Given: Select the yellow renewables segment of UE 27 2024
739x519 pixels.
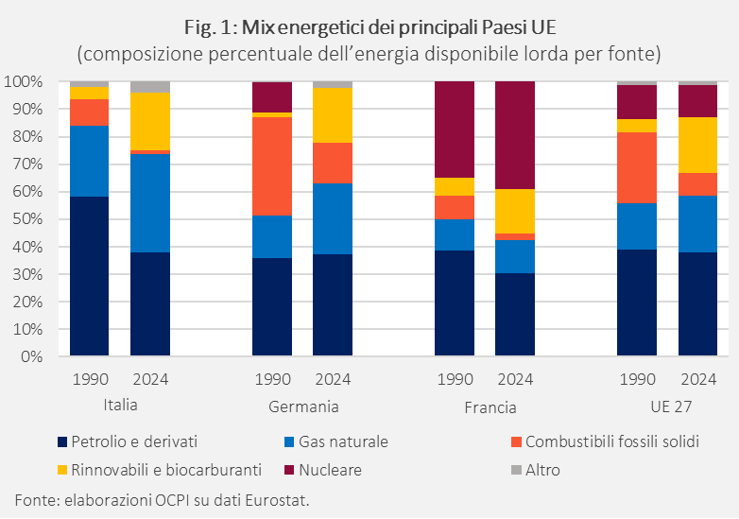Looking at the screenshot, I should (x=697, y=145).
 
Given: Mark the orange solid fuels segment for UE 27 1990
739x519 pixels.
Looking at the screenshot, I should (x=636, y=167).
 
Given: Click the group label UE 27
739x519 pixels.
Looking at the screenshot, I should (x=667, y=407).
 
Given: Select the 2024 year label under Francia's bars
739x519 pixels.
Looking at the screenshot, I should (x=514, y=380).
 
